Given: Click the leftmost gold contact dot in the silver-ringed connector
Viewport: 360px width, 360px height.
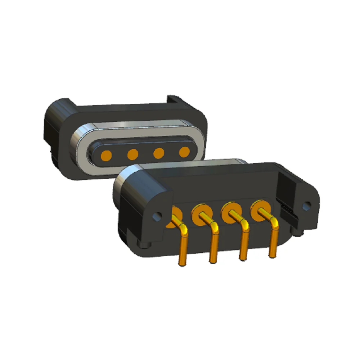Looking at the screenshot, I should click(106, 156).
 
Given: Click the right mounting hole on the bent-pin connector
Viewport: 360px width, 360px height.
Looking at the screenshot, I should click(307, 206).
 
